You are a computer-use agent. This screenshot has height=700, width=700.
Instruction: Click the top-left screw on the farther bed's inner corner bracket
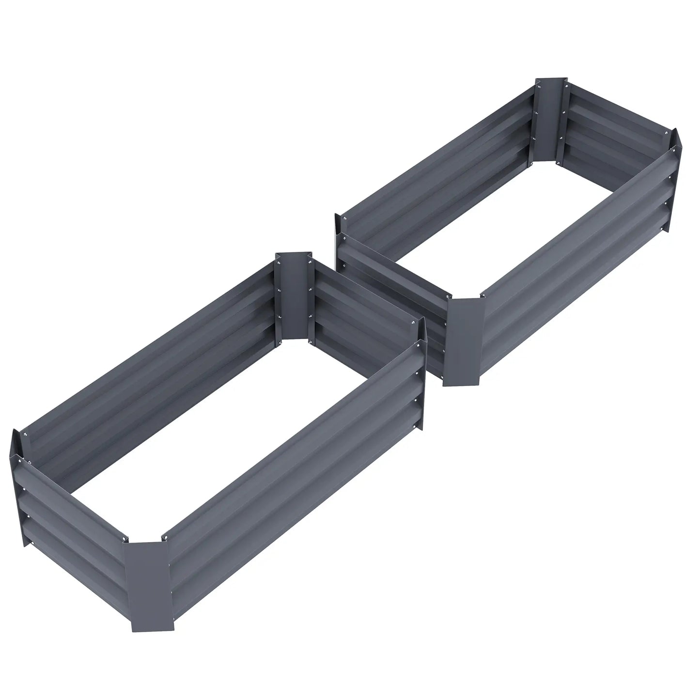539,87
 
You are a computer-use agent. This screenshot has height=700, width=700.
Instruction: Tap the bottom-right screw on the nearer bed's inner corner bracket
307,341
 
